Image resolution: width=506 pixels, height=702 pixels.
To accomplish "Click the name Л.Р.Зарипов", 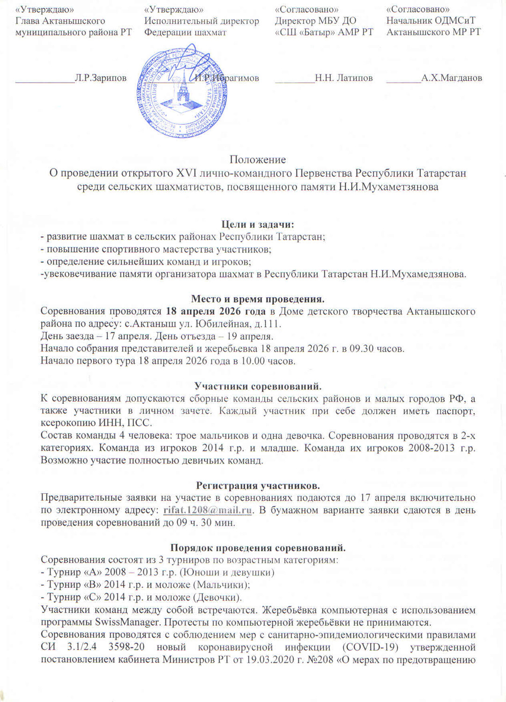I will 101,78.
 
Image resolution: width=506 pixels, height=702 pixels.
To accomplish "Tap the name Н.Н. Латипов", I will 344,78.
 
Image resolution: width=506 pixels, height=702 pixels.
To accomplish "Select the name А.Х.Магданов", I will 451,78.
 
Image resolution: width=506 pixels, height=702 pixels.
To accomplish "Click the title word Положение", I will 258,160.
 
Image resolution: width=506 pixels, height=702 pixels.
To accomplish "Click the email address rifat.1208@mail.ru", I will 208,510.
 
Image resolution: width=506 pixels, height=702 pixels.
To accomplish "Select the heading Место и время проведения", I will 258,299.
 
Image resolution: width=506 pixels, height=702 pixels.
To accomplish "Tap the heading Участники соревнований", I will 258,386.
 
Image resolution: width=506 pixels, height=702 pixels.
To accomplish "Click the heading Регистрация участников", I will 258,485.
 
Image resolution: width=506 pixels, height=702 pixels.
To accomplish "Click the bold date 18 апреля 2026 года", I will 214,311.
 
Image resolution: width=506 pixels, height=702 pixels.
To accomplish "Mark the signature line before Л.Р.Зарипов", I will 45,81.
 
